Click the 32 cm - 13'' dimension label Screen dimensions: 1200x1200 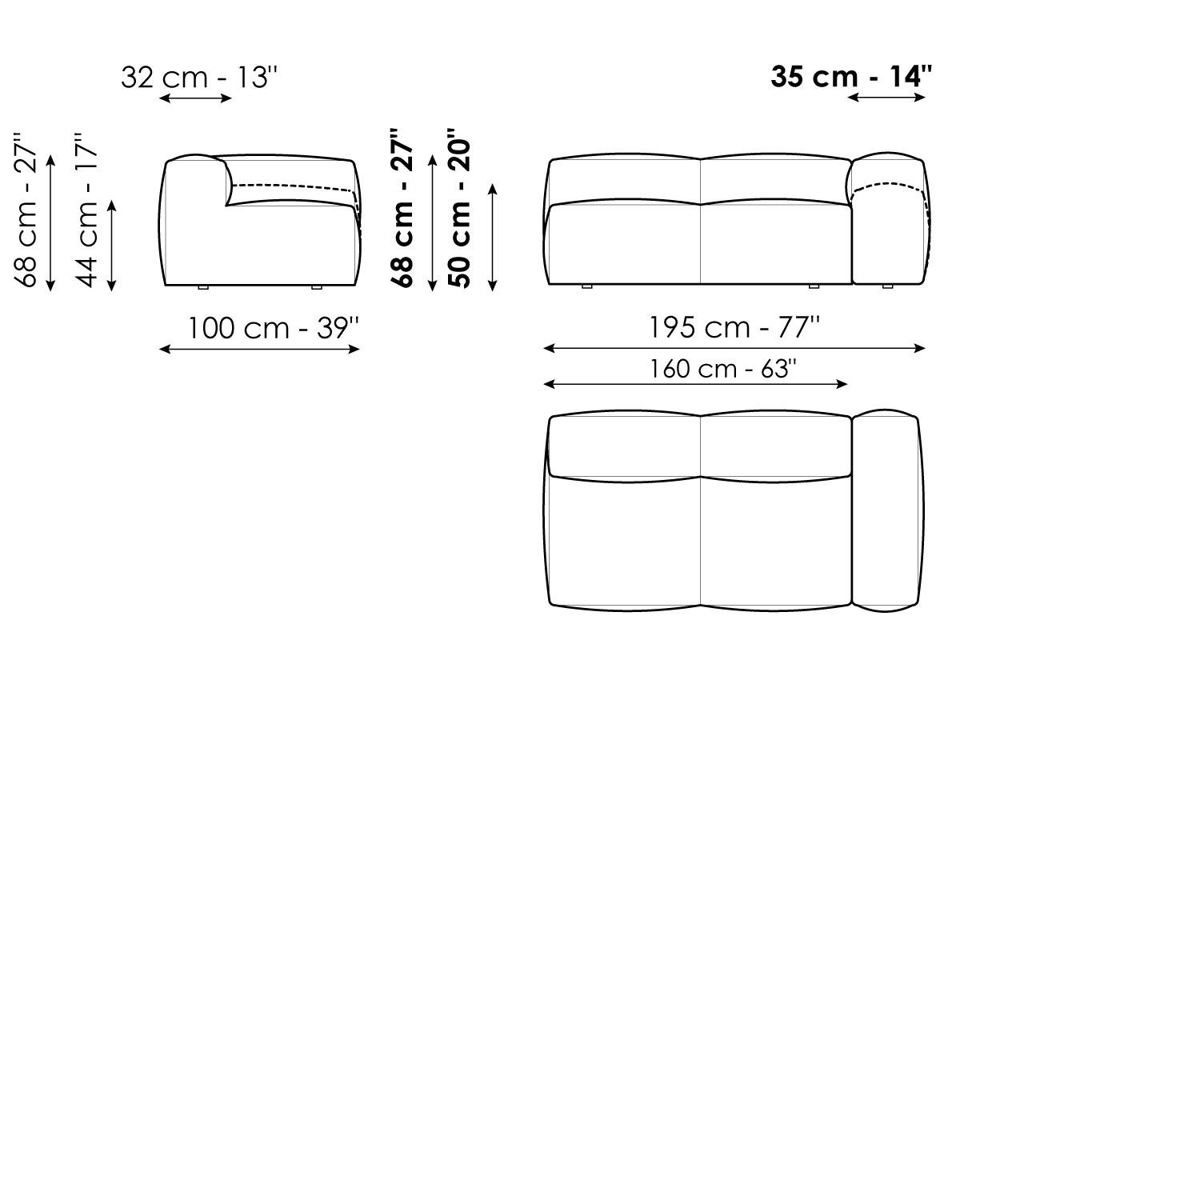click(x=199, y=78)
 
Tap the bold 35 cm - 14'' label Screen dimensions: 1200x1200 click(x=851, y=77)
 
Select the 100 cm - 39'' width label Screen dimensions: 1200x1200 click(x=273, y=328)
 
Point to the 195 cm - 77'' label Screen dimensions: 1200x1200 click(x=734, y=327)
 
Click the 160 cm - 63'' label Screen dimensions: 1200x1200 click(x=722, y=369)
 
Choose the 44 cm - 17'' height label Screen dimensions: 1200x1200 click(x=87, y=210)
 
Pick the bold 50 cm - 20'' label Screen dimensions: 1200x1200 click(x=459, y=208)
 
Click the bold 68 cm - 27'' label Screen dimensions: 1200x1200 click(x=402, y=210)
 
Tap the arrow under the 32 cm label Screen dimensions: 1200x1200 click(x=196, y=98)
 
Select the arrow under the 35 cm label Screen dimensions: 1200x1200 click(x=886, y=98)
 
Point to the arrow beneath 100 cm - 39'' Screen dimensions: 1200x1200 click(x=260, y=349)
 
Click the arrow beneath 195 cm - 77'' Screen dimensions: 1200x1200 click(x=734, y=348)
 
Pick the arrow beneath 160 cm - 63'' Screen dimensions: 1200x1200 click(x=695, y=384)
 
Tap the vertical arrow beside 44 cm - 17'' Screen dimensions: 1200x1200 click(x=112, y=245)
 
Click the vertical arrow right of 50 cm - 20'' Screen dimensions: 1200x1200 click(x=493, y=237)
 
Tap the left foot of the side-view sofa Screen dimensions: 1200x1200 click(x=202, y=286)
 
